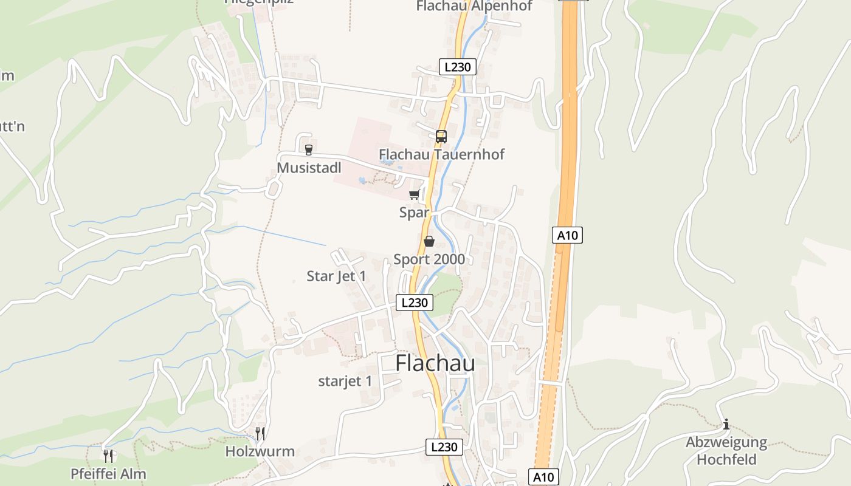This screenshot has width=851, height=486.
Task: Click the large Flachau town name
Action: [435, 363]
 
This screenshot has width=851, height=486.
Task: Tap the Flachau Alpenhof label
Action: [474, 6]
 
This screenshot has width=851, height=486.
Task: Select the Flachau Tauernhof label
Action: [441, 154]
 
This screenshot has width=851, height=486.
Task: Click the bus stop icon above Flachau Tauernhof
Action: [441, 137]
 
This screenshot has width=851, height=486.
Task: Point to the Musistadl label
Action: [309, 168]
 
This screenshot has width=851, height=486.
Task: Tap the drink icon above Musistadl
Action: [309, 149]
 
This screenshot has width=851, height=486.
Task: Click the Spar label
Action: [414, 213]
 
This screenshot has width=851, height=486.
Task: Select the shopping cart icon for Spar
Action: [415, 195]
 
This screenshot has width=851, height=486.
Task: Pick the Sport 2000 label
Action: [429, 259]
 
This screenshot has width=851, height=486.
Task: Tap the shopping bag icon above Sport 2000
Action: [429, 242]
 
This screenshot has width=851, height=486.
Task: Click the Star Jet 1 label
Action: [336, 276]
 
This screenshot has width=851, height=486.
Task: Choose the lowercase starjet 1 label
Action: [345, 382]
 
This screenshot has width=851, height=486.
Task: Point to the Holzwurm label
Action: [260, 451]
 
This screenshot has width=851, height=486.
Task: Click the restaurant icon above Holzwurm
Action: [260, 433]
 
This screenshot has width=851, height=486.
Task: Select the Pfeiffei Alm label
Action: [108, 474]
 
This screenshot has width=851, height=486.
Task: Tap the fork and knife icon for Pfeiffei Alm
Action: [109, 456]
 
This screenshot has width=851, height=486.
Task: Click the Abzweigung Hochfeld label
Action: [726, 450]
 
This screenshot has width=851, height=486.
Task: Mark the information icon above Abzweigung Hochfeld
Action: [726, 424]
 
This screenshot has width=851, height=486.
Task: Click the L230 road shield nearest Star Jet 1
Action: [415, 303]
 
